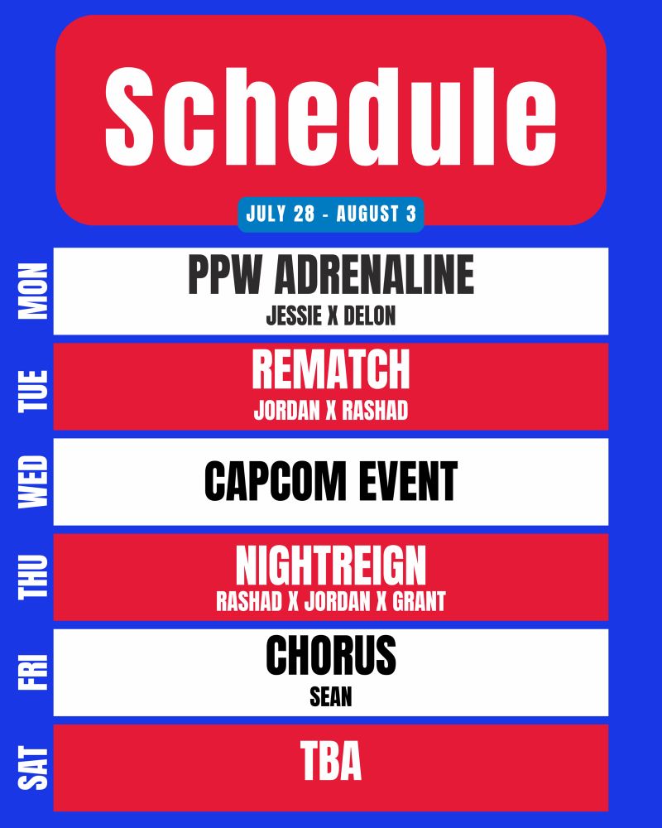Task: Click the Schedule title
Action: pos(330,116)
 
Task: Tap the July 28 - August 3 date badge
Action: pos(331,214)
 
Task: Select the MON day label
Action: pos(33,291)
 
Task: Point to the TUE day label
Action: pos(33,391)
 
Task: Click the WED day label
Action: pos(33,482)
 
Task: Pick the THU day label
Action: pos(33,576)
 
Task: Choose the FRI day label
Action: pos(33,672)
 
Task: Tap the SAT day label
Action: pos(33,768)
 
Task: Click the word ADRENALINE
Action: pos(374,275)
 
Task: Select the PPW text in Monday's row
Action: pos(224,275)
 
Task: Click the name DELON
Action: pos(370,315)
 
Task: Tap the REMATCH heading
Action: pos(331,369)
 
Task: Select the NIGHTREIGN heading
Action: pos(331,566)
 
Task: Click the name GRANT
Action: pos(420,601)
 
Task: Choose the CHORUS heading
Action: pos(331,655)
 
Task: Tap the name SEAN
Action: pos(331,697)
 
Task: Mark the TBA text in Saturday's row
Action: pos(331,760)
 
